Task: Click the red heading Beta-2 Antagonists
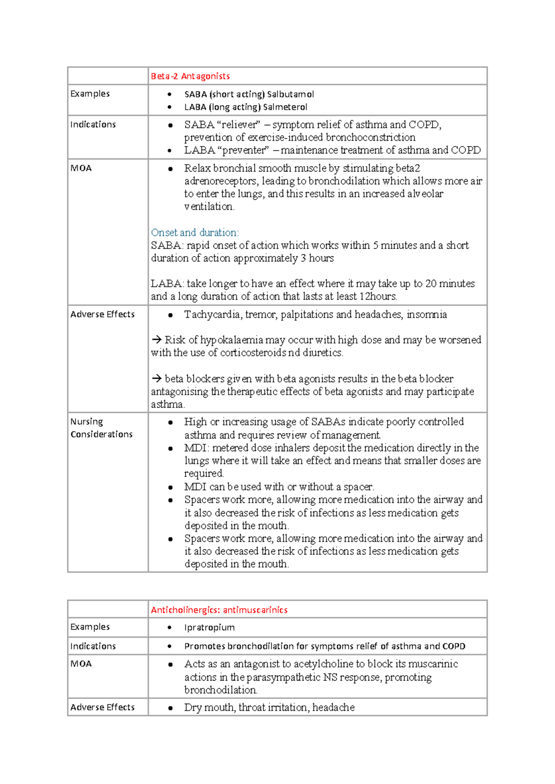pyautogui.click(x=190, y=76)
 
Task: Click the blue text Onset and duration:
pyautogui.click(x=195, y=233)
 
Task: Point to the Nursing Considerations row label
pyautogui.click(x=101, y=428)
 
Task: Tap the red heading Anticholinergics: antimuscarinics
pyautogui.click(x=219, y=610)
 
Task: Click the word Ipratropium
pyautogui.click(x=209, y=628)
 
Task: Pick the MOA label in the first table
pyautogui.click(x=81, y=168)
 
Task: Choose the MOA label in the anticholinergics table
pyautogui.click(x=81, y=664)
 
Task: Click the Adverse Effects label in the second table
pyautogui.click(x=102, y=707)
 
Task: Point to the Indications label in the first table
pyautogui.click(x=93, y=125)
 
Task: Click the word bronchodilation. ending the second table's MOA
pyautogui.click(x=221, y=690)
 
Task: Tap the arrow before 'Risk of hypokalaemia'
pyautogui.click(x=156, y=340)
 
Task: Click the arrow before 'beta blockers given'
pyautogui.click(x=156, y=379)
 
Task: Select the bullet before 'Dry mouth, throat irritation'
pyautogui.click(x=170, y=708)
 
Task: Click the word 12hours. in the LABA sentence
pyautogui.click(x=378, y=297)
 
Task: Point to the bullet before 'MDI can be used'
pyautogui.click(x=170, y=487)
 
